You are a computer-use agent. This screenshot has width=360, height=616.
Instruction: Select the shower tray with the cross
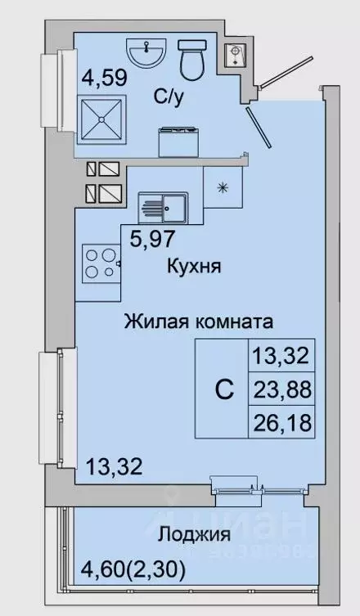102,118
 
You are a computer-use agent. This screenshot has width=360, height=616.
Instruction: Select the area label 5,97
155,241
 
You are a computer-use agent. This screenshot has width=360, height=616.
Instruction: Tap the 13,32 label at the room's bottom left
115,468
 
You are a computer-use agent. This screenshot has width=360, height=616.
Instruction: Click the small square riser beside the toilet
235,52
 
